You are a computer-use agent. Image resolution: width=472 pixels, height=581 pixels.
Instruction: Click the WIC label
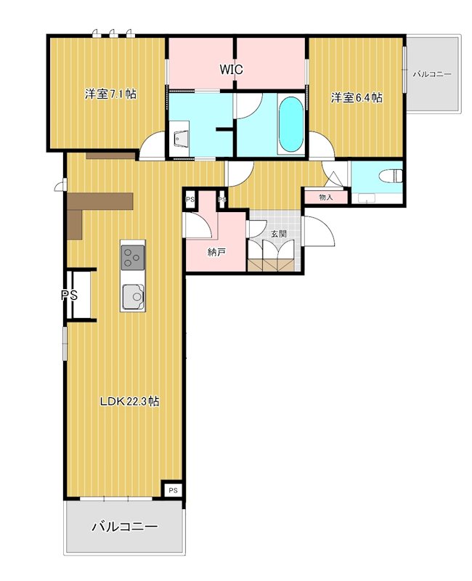(231, 69)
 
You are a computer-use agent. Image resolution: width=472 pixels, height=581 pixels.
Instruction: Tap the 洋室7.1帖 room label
(110, 94)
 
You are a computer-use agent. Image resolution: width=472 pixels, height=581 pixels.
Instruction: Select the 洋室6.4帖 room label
(357, 98)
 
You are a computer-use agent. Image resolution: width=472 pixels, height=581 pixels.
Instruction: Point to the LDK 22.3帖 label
(130, 402)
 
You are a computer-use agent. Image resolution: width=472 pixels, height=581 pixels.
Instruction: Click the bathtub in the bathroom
(291, 124)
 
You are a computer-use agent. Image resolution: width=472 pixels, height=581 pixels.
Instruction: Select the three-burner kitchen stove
(132, 257)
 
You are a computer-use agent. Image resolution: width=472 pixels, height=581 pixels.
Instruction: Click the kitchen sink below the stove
(133, 296)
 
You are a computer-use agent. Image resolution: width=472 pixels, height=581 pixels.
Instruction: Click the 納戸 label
(216, 253)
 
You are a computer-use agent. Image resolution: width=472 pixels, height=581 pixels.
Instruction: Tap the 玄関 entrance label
(278, 234)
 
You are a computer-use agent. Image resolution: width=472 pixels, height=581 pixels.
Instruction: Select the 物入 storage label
(325, 197)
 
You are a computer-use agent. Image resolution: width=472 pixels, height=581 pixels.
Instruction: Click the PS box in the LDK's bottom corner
(173, 490)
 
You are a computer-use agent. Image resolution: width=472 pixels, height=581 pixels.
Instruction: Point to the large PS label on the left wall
(69, 295)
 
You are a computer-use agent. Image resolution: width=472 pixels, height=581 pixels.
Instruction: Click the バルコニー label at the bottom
(125, 527)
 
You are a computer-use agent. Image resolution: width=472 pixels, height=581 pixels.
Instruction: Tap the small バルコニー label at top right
(432, 74)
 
